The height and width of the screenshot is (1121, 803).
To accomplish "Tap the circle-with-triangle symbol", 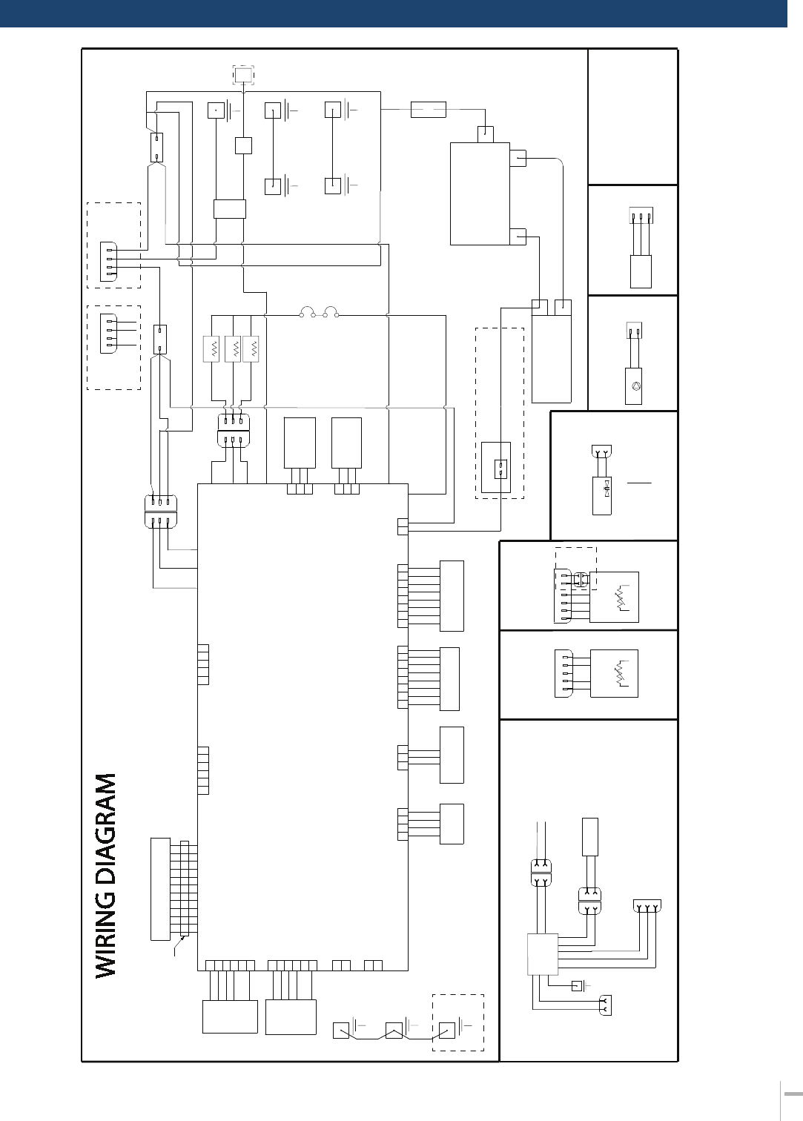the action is pyautogui.click(x=635, y=386).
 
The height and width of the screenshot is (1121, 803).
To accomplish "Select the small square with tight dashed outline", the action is pyautogui.click(x=243, y=75).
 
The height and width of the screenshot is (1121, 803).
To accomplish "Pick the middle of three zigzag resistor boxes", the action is pyautogui.click(x=233, y=348).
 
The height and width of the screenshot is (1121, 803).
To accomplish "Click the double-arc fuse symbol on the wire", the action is pyautogui.click(x=320, y=312).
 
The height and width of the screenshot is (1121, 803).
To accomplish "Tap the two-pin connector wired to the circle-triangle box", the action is pyautogui.click(x=634, y=331).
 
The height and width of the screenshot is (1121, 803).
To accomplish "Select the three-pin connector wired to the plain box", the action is pyautogui.click(x=641, y=216).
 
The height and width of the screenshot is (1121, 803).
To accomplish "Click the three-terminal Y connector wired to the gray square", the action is pyautogui.click(x=647, y=906).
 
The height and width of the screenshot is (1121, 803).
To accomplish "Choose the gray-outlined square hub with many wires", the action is pyautogui.click(x=543, y=954).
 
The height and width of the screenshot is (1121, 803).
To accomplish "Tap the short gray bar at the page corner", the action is pyautogui.click(x=793, y=1094).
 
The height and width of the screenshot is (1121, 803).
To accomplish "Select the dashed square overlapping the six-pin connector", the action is pyautogui.click(x=575, y=569).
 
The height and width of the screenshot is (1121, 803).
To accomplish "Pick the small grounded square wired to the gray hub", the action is pyautogui.click(x=577, y=986).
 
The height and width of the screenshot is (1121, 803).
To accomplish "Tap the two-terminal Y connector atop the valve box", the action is pyautogui.click(x=601, y=452).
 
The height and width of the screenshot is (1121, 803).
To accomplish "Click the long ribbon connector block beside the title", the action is pyautogui.click(x=160, y=889).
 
